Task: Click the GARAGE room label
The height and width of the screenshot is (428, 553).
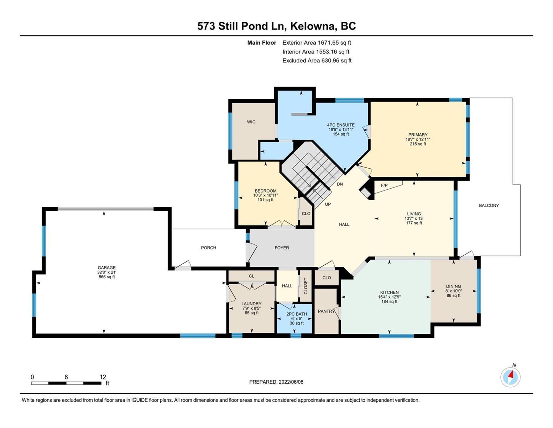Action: [106, 267]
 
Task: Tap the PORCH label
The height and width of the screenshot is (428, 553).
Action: [208, 248]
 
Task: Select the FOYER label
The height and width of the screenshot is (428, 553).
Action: [282, 248]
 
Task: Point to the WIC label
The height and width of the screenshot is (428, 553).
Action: [251, 122]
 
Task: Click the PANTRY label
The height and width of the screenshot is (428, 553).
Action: [326, 311]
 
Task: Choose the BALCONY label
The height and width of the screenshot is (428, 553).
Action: [489, 205]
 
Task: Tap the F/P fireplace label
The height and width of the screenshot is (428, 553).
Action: [384, 185]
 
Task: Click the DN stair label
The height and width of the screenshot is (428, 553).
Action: [340, 184]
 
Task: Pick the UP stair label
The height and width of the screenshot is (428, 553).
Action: [328, 204]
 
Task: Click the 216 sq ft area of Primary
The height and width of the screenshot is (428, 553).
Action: [418, 144]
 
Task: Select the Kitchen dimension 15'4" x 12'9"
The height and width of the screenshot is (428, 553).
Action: [389, 297]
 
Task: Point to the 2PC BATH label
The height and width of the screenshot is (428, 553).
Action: [297, 314]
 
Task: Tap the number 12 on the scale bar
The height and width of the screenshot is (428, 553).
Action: [103, 377]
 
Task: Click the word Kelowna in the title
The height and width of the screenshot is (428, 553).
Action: [312, 26]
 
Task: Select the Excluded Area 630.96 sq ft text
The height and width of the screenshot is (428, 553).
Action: [317, 61]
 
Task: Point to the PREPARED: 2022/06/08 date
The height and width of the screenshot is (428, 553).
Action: [276, 382]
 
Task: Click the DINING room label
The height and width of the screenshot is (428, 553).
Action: [453, 286]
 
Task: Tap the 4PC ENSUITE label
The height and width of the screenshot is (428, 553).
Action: [341, 125]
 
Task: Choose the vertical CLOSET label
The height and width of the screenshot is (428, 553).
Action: [306, 286]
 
